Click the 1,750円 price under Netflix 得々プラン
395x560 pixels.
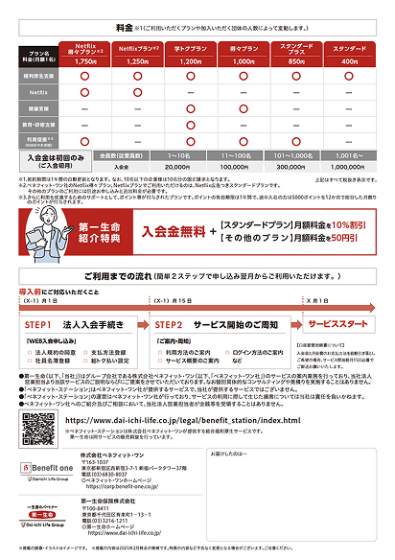(x=84, y=60)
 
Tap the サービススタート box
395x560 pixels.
(x=341, y=324)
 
